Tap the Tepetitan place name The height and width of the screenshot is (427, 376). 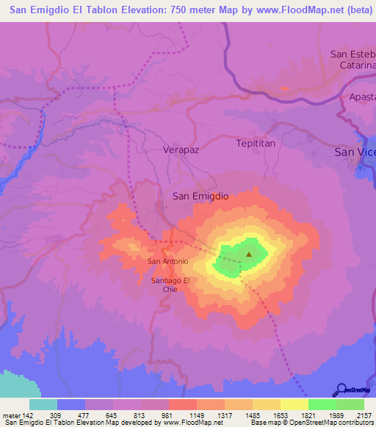click(256, 143)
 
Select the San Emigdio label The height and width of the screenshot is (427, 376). click(200, 196)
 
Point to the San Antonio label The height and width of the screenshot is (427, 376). click(168, 261)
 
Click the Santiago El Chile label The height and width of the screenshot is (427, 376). click(170, 285)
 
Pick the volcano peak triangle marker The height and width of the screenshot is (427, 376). click(248, 255)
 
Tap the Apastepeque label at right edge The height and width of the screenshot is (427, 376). click(362, 96)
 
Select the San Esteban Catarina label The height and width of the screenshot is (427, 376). click(352, 59)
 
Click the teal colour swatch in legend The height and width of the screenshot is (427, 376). click(43, 404)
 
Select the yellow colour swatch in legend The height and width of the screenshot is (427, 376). click(294, 404)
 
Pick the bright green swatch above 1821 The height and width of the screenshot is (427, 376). click(322, 404)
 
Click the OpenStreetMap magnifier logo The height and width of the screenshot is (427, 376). click(341, 390)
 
